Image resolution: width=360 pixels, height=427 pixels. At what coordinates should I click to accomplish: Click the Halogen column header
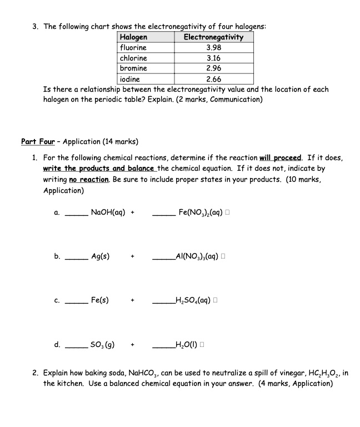pyautogui.click(x=134, y=37)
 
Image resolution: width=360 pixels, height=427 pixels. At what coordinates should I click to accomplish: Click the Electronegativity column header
pyautogui.click(x=213, y=37)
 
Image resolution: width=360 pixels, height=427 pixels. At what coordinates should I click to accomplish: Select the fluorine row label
pyautogui.click(x=133, y=47)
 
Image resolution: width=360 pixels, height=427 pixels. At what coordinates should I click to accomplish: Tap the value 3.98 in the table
pyautogui.click(x=213, y=47)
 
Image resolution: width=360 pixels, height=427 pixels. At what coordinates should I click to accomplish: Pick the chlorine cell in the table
pyautogui.click(x=134, y=58)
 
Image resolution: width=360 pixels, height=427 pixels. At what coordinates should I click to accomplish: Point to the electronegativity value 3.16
pyautogui.click(x=213, y=58)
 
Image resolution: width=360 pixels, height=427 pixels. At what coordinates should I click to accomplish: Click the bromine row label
pyautogui.click(x=134, y=68)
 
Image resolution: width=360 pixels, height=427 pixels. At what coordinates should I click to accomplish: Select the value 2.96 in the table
pyautogui.click(x=213, y=68)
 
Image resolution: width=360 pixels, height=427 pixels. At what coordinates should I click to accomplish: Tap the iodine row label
pyautogui.click(x=131, y=79)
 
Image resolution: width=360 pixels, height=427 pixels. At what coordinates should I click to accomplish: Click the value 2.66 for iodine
pyautogui.click(x=213, y=79)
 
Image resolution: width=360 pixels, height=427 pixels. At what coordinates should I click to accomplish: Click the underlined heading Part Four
pyautogui.click(x=38, y=141)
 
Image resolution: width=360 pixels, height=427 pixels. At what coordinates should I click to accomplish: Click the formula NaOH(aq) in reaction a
pyautogui.click(x=108, y=212)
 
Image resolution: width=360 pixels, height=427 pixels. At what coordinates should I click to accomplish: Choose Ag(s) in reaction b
pyautogui.click(x=100, y=256)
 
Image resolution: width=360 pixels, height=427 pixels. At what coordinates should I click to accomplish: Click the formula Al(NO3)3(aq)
pyautogui.click(x=198, y=256)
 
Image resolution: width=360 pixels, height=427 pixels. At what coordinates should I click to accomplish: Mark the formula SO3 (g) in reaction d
pyautogui.click(x=103, y=345)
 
